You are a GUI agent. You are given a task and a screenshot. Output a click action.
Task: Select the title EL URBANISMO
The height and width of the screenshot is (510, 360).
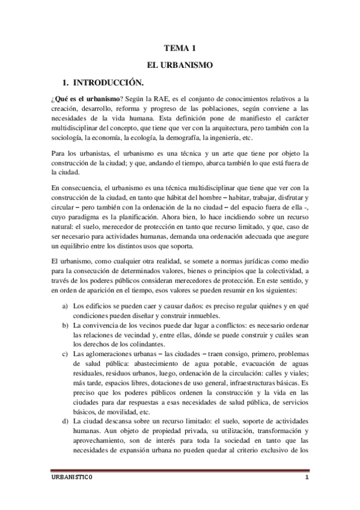(180, 63)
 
